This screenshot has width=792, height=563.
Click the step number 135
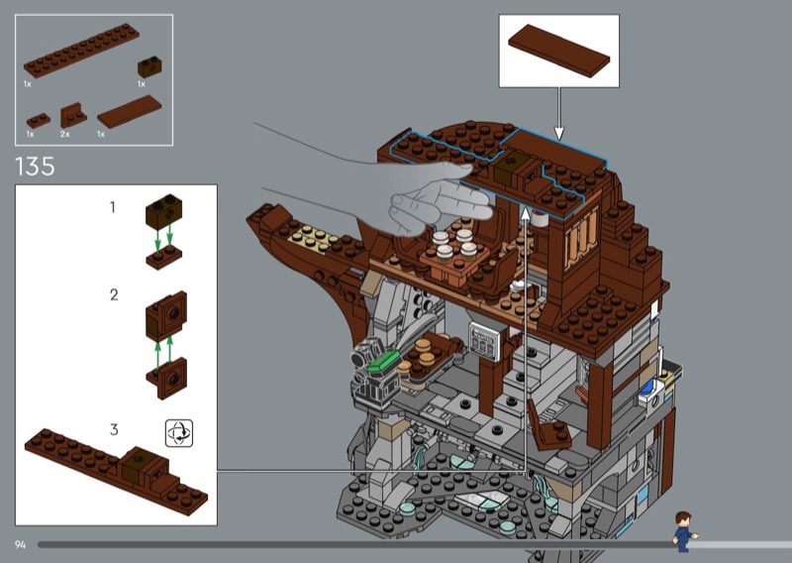pyautogui.click(x=35, y=166)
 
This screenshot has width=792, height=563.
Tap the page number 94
pyautogui.click(x=20, y=544)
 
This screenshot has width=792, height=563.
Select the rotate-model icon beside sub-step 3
pyautogui.click(x=179, y=433)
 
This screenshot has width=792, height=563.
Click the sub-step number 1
pyautogui.click(x=113, y=207)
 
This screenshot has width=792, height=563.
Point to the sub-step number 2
pyautogui.click(x=114, y=294)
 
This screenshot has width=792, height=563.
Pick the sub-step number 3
pyautogui.click(x=114, y=429)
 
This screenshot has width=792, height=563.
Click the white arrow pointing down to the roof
pyautogui.click(x=558, y=113)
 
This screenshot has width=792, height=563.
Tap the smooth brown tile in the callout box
pyautogui.click(x=558, y=51)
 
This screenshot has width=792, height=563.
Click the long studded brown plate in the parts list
pyautogui.click(x=81, y=51)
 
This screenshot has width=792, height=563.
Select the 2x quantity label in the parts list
pyautogui.click(x=64, y=134)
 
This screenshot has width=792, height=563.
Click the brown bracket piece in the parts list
pyautogui.click(x=72, y=115)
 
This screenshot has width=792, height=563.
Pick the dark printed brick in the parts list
pyautogui.click(x=149, y=67)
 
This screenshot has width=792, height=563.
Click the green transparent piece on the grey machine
pyautogui.click(x=383, y=363)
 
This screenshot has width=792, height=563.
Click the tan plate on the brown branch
pyautogui.click(x=310, y=239)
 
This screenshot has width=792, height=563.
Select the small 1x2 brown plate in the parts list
pyautogui.click(x=39, y=120)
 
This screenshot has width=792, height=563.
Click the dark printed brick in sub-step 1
pyautogui.click(x=164, y=211)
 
